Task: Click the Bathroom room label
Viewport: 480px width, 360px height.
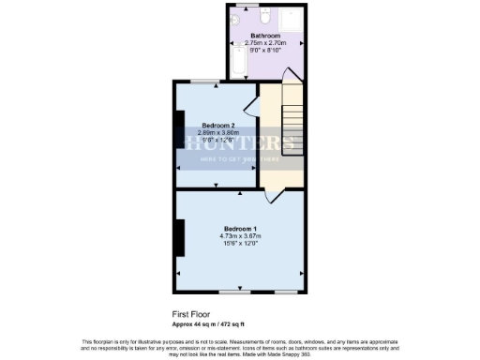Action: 265,36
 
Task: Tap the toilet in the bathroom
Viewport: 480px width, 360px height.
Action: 265,16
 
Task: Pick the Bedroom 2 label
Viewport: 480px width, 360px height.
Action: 217,125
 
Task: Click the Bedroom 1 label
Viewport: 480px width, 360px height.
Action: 240,229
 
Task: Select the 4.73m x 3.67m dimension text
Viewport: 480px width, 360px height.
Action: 240,236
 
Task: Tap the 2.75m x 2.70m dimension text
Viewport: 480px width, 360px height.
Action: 265,43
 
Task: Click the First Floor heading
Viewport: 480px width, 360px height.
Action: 191,315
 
